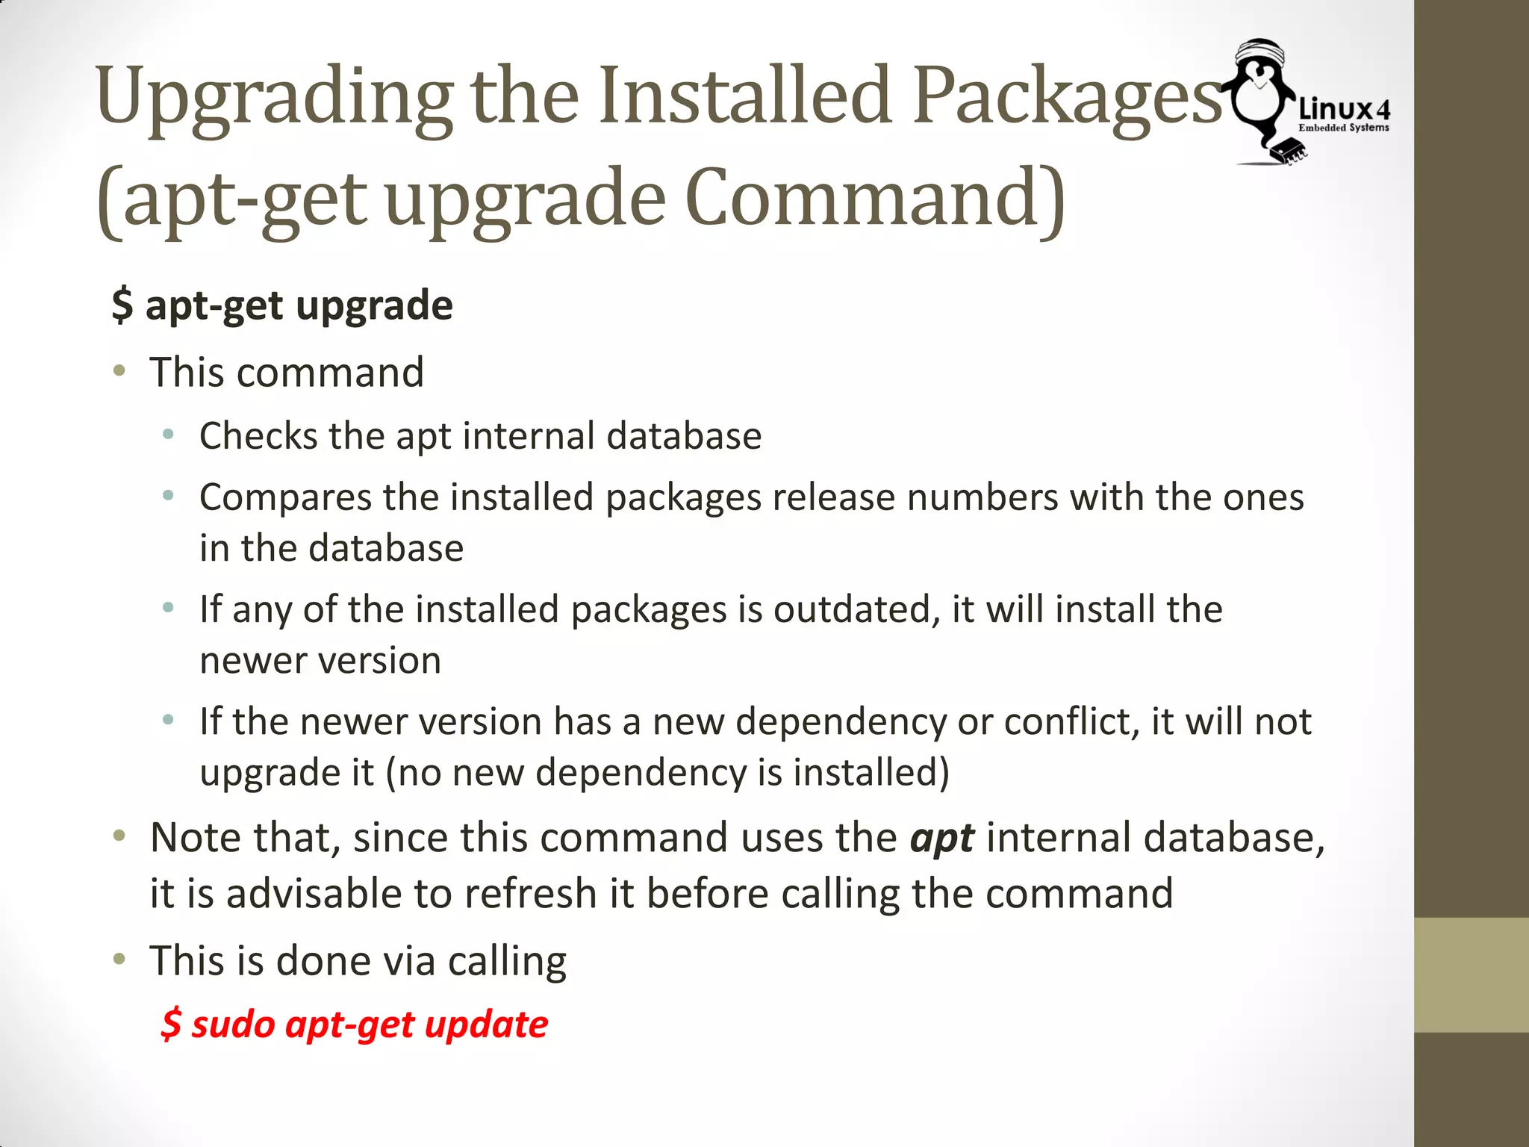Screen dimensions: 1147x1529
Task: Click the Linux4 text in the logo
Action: pyautogui.click(x=1344, y=110)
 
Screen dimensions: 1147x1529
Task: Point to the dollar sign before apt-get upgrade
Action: pyautogui.click(x=122, y=305)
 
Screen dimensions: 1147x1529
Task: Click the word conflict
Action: pyautogui.click(x=1071, y=721)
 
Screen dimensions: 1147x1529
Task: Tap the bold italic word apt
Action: pyautogui.click(x=941, y=838)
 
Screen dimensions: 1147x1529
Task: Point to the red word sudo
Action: pyautogui.click(x=232, y=1024)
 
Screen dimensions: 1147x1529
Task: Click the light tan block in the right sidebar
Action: pyautogui.click(x=1471, y=975)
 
